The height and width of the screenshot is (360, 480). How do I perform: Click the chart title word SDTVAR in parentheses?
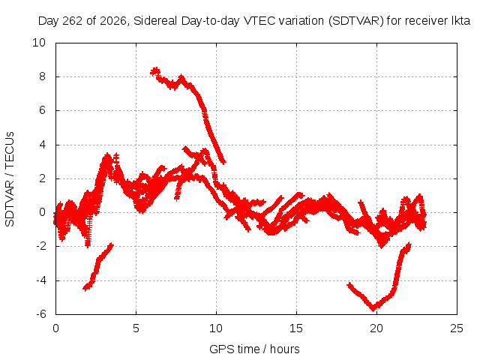[356, 21]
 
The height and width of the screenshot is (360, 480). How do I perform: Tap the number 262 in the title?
[73, 21]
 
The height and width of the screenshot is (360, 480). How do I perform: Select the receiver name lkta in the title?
[461, 21]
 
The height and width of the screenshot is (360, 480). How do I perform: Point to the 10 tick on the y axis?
[39, 43]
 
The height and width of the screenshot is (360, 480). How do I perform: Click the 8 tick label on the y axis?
[42, 76]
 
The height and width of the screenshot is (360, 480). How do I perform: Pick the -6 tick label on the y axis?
[41, 314]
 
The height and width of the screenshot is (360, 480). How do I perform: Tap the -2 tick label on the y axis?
[41, 246]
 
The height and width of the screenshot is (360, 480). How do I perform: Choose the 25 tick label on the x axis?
[457, 328]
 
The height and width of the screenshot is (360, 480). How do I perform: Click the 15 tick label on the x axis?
[296, 328]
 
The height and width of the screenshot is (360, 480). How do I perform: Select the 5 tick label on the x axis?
[136, 328]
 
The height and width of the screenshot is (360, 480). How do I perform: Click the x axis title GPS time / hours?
[254, 349]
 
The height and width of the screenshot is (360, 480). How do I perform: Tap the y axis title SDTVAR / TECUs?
[10, 179]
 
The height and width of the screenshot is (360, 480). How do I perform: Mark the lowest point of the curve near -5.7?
[373, 309]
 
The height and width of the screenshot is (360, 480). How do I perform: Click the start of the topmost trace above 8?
[152, 73]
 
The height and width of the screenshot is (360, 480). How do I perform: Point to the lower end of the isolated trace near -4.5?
[85, 288]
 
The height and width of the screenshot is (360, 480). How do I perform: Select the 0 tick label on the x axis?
[55, 328]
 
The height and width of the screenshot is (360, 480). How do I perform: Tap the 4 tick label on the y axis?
[42, 145]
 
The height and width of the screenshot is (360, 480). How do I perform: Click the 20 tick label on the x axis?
[376, 328]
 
